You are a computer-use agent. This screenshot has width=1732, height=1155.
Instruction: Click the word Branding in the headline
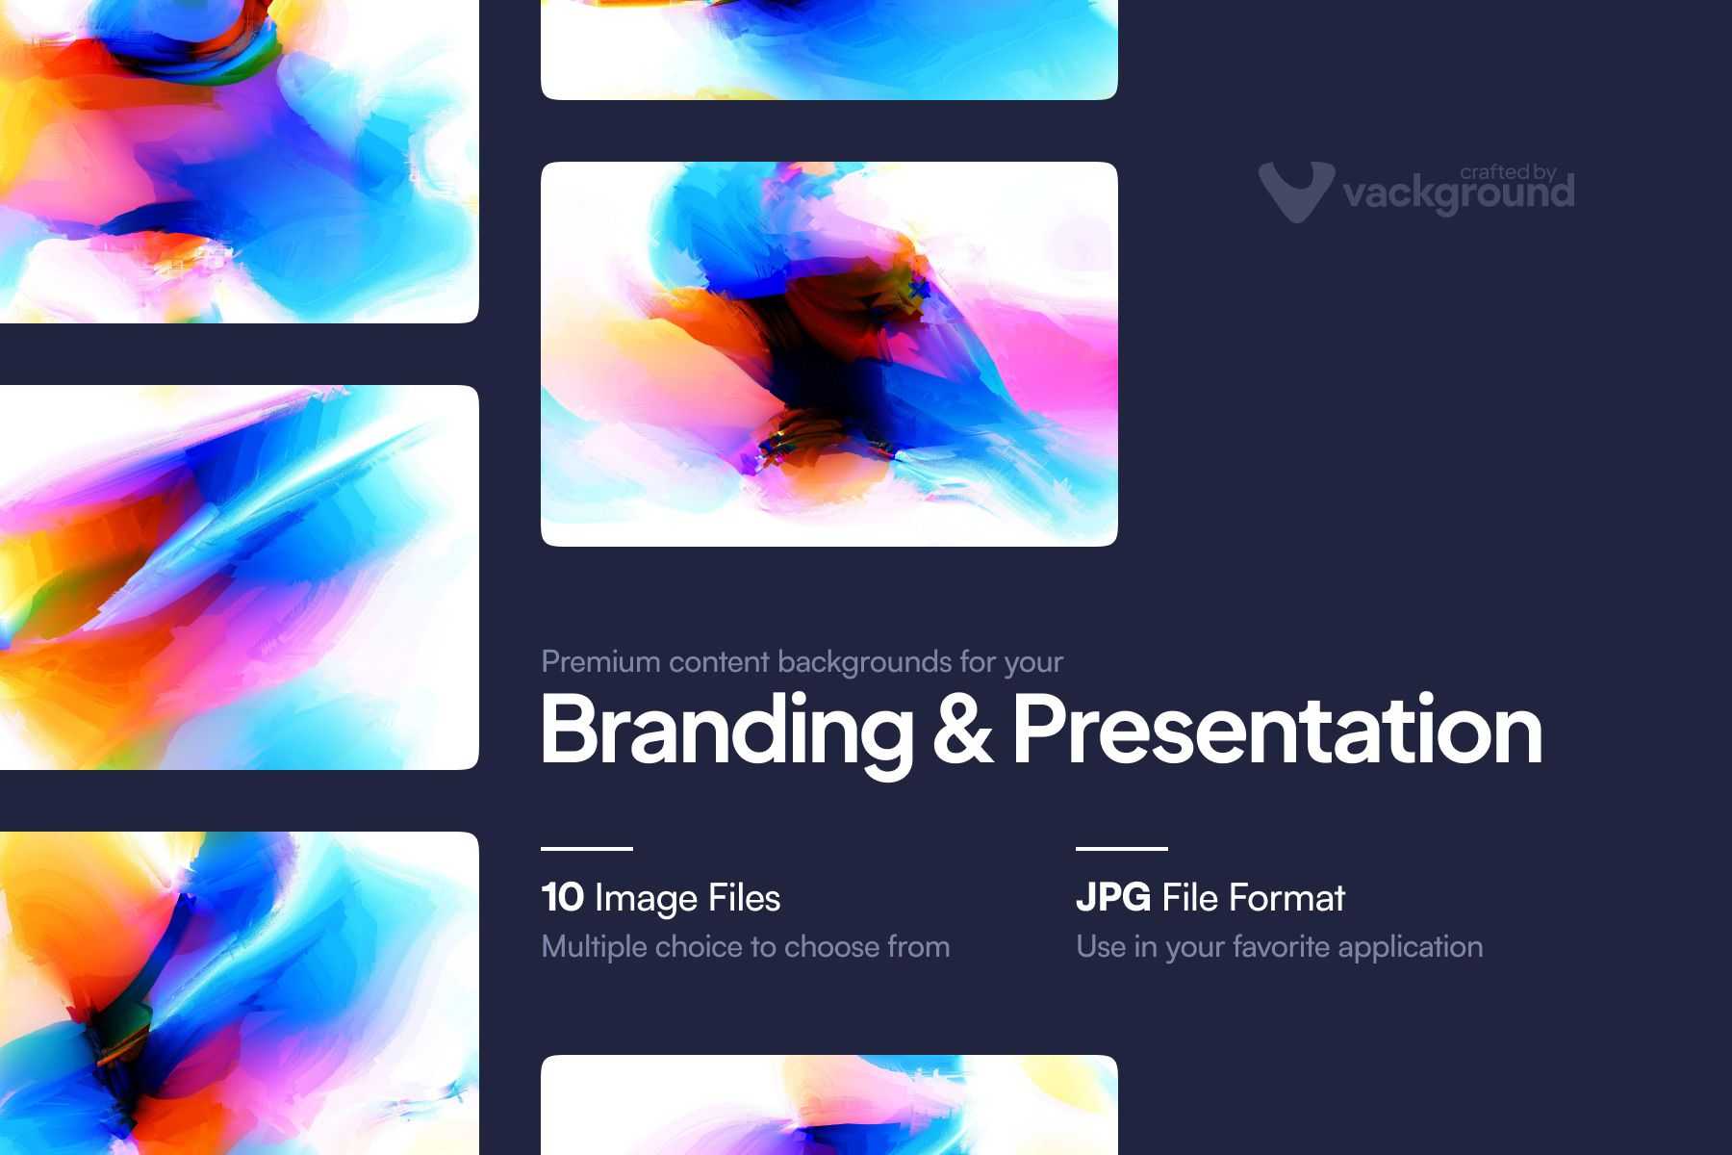726,732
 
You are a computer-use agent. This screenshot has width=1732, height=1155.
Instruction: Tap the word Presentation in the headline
1278,729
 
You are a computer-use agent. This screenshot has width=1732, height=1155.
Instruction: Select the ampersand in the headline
963,729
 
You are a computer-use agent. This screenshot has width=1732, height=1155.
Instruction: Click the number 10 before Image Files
562,897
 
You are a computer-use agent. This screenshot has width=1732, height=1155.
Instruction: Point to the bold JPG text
1112,897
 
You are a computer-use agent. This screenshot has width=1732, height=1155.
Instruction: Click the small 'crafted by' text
1508,172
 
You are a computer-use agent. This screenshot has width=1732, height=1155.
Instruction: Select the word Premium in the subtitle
600,662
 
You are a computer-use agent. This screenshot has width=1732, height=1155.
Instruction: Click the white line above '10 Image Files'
587,849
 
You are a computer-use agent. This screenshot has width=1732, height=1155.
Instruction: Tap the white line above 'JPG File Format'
1121,849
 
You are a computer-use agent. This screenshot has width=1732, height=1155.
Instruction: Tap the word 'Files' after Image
744,897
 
